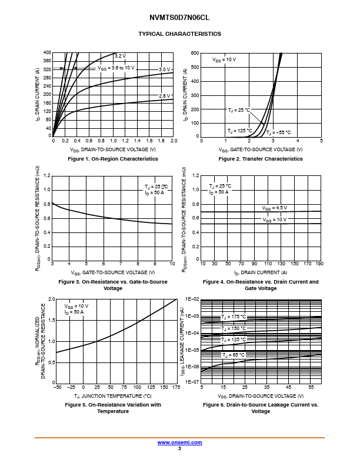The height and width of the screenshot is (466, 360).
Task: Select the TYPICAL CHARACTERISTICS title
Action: click(179, 34)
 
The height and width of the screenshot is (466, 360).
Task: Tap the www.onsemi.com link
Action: click(179, 442)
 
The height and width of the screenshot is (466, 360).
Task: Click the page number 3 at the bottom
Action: click(179, 448)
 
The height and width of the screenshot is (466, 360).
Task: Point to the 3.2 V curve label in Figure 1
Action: click(120, 56)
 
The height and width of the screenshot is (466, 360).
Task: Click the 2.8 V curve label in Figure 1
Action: click(165, 95)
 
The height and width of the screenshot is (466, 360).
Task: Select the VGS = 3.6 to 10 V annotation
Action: click(116, 68)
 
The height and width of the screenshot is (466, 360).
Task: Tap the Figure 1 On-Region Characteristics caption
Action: click(113, 159)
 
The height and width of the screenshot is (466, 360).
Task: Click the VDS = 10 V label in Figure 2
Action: click(224, 59)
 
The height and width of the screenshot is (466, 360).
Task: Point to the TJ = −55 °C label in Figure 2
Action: click(279, 133)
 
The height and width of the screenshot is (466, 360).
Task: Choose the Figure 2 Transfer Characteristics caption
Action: click(261, 159)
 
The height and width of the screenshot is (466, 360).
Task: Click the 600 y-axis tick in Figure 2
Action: click(195, 54)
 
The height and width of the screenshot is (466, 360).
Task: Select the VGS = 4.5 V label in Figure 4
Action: click(275, 208)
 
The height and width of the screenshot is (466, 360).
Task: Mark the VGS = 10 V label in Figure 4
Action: click(275, 219)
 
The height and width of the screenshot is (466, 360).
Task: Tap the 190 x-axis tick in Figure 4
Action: click(319, 264)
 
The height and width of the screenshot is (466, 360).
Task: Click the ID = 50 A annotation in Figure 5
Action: click(75, 312)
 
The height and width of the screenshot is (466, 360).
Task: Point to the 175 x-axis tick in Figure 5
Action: click(176, 387)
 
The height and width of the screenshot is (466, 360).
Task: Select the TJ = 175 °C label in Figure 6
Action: click(234, 317)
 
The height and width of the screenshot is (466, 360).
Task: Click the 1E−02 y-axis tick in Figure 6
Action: click(192, 299)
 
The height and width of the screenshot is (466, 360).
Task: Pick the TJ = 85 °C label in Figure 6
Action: click(234, 355)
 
